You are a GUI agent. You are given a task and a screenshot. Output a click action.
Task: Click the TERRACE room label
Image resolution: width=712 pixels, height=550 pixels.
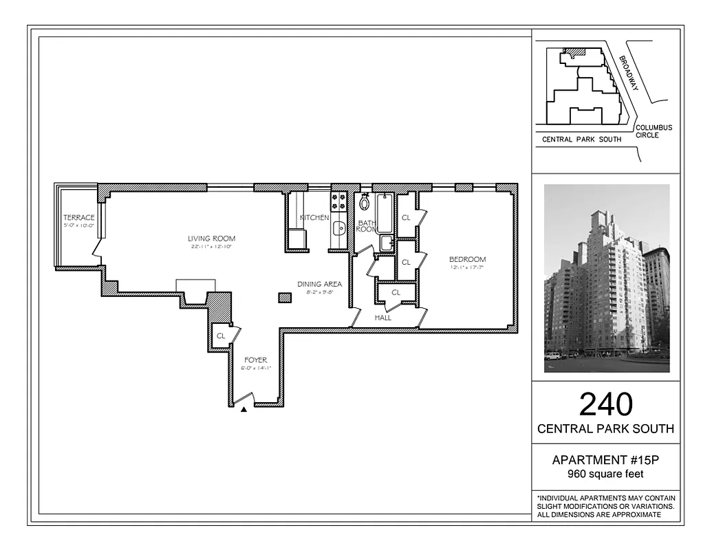point(79,218)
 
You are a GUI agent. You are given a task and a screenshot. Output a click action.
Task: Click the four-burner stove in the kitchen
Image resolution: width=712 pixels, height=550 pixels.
point(338,201)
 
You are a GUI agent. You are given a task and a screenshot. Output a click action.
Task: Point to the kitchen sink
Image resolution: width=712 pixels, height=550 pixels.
point(338,228)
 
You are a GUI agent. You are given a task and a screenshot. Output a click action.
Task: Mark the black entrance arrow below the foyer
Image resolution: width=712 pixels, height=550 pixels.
point(244,410)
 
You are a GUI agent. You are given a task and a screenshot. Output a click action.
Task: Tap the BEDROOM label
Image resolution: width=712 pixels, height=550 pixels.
point(467,259)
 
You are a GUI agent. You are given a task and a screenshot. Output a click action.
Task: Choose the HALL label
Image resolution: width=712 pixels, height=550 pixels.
point(383,318)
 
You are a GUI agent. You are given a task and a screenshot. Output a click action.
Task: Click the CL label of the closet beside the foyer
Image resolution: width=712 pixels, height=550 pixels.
point(221,335)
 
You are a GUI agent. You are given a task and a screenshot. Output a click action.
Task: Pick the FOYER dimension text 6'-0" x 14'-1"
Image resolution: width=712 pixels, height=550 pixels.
point(256,368)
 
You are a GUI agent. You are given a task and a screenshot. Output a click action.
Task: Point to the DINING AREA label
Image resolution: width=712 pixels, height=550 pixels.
point(319,284)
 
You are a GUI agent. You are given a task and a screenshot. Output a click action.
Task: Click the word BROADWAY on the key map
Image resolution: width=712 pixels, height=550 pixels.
point(629,73)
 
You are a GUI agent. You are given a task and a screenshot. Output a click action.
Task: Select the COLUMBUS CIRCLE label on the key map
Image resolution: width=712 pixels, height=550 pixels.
point(654,131)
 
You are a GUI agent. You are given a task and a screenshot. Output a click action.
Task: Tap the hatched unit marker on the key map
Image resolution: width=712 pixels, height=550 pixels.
point(573,52)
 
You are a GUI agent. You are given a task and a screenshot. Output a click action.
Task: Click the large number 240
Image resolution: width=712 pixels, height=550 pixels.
point(605,404)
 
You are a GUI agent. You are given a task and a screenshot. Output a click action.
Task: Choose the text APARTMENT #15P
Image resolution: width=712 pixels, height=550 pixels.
point(605,461)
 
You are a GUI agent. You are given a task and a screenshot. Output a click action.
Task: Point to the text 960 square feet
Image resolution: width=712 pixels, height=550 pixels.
point(605,474)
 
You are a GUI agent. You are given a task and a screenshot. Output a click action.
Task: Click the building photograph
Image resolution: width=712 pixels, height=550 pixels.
point(606,278)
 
